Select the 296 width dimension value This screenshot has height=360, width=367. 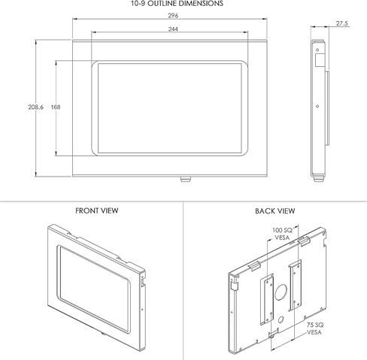[x=174, y=14]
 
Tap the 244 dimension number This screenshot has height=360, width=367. [x=174, y=29]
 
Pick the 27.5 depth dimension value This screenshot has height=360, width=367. [x=341, y=24]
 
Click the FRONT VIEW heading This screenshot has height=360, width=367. [x=96, y=211]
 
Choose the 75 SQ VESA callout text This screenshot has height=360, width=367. [x=314, y=328]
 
